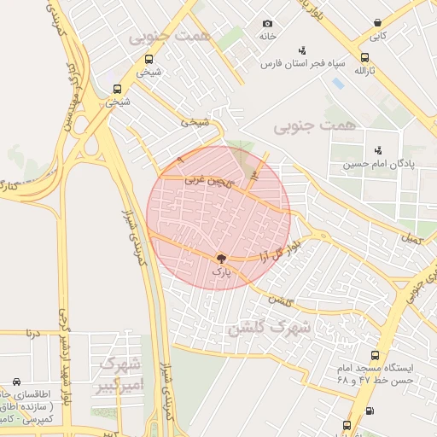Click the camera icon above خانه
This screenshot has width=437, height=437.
267,23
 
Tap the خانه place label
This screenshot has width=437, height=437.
267,37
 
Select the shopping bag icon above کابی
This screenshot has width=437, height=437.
377,23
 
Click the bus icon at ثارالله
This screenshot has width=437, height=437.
367,55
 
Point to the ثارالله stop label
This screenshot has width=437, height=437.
365,69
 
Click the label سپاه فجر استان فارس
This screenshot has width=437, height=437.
294,64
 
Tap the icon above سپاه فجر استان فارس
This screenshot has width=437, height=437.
301,50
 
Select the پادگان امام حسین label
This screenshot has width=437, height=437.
379,163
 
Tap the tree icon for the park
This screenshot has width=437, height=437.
221,259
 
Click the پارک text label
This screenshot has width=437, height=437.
221,272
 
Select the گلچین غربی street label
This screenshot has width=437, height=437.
207,180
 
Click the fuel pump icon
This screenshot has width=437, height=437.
369,411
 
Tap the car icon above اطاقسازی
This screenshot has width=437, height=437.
17,382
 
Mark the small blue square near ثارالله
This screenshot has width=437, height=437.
338,84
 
